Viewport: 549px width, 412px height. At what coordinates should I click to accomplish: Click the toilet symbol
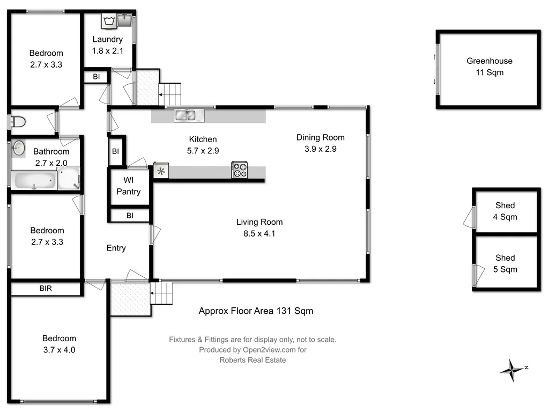point(17,122)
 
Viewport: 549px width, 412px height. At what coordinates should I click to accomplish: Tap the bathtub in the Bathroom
point(34,180)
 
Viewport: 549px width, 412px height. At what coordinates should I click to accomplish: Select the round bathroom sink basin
point(18,148)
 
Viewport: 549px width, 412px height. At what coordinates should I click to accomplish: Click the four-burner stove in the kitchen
point(240,170)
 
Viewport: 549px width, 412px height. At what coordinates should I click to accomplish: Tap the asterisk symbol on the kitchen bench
point(161,171)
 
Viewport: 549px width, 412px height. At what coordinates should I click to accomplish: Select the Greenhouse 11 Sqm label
point(489,67)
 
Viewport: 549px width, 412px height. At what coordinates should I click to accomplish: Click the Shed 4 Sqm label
point(505,211)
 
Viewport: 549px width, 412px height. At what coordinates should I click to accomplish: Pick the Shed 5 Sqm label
point(505,263)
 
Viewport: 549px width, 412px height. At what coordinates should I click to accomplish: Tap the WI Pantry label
point(128,186)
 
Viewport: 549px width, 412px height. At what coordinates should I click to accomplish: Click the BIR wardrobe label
point(46,289)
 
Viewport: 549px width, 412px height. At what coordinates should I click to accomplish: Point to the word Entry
point(116,248)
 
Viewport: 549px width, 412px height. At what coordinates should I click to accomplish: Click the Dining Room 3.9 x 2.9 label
point(320,143)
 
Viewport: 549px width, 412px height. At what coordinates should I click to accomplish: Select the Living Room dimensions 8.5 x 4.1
point(259,233)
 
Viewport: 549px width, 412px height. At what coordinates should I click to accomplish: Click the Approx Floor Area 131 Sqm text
point(256,311)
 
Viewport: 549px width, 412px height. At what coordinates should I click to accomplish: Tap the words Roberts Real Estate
point(253,360)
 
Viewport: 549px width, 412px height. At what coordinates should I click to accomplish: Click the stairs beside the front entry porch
point(163,294)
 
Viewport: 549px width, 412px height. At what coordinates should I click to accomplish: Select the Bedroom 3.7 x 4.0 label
point(59,344)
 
